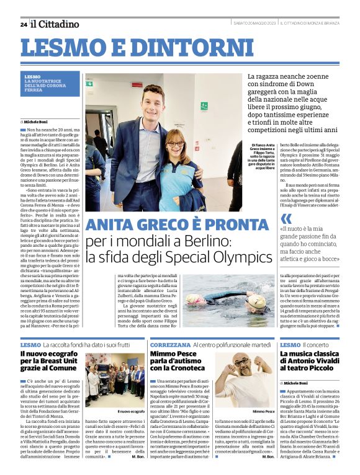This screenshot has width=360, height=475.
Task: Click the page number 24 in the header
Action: (x=23, y=24)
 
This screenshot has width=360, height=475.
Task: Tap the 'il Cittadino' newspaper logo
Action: (x=56, y=24)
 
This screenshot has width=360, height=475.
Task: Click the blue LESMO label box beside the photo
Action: (x=50, y=83)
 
